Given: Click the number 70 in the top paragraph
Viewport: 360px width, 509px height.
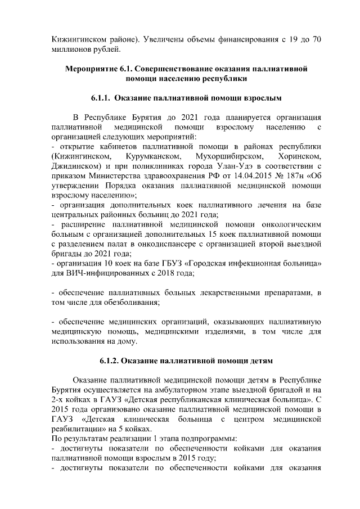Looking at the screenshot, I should [x=316, y=40].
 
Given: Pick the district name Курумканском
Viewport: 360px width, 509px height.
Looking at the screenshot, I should [x=154, y=156].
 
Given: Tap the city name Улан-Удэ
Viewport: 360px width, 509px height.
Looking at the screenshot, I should [x=266, y=166].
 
